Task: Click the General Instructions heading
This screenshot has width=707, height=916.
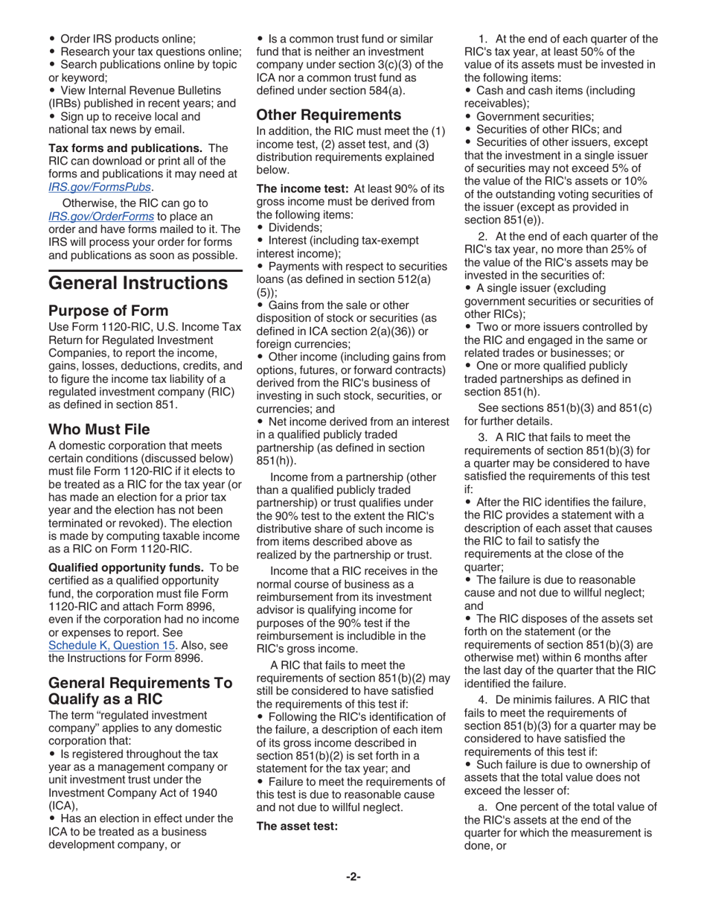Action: pos(138,283)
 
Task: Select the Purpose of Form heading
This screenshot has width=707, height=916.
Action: pos(108,311)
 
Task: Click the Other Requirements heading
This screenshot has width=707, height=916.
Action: pos(329,115)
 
